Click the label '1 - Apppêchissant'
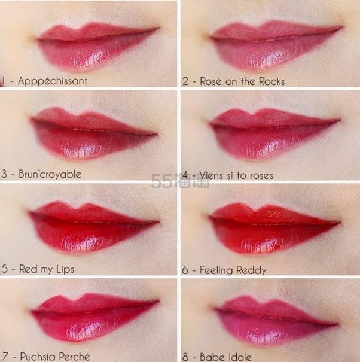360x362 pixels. [x=45, y=80]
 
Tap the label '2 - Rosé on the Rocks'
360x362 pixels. [x=233, y=81]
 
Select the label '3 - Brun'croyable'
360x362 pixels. [x=42, y=174]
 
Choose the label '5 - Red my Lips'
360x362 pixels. [x=38, y=269]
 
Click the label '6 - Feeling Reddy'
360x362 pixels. [x=224, y=269]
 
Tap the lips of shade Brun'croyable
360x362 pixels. [x=93, y=135]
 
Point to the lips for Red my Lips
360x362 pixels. [x=93, y=227]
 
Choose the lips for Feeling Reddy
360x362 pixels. [x=275, y=227]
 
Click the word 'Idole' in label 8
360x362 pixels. [x=239, y=357]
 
